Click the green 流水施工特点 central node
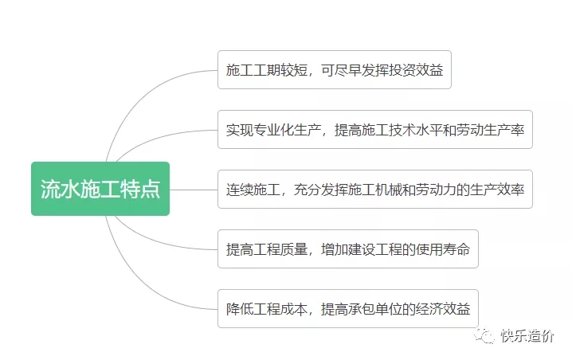pyautogui.click(x=100, y=189)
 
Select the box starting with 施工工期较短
pyautogui.click(x=335, y=69)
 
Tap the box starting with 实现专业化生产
pyautogui.click(x=375, y=130)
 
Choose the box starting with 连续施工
pyautogui.click(x=375, y=190)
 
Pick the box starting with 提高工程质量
pyautogui.click(x=348, y=249)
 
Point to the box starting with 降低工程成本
pyautogui.click(x=348, y=309)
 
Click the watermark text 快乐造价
pyautogui.click(x=527, y=335)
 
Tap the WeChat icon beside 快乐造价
pyautogui.click(x=484, y=335)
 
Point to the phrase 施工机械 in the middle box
pyautogui.click(x=375, y=190)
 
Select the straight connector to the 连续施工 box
pyautogui.click(x=194, y=190)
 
